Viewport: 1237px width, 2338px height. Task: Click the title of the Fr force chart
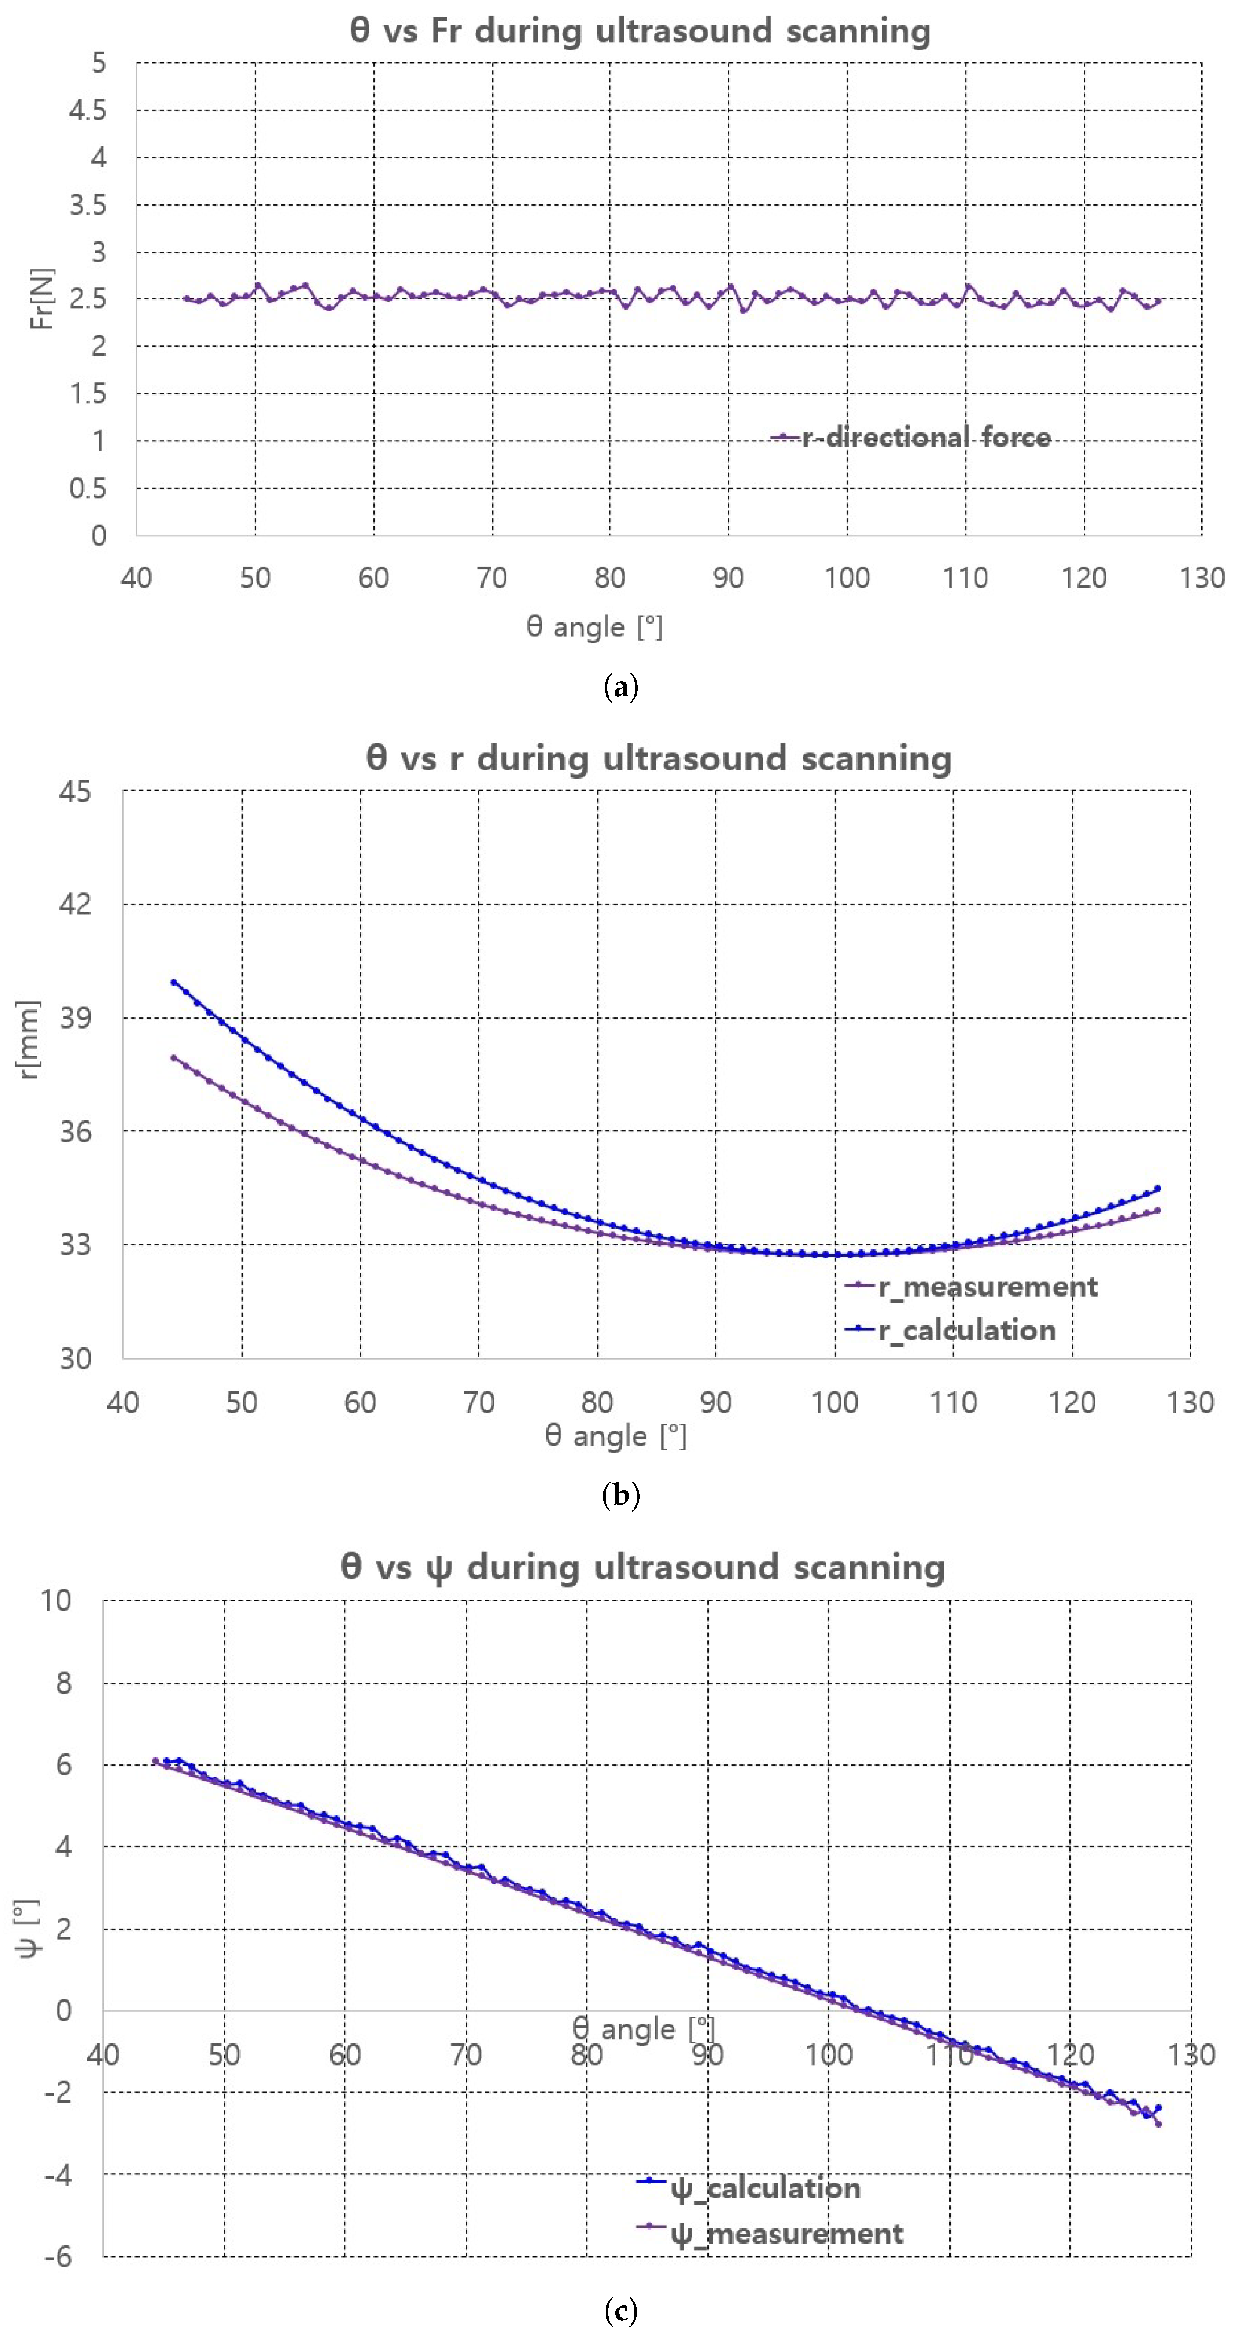(x=640, y=31)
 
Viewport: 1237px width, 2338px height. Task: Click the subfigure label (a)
(x=621, y=687)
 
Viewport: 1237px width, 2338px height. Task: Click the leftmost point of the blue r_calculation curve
(x=174, y=982)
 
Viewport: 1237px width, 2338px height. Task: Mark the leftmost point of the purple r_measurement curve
(x=174, y=1057)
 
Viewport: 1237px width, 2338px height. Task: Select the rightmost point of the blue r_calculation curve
(x=1158, y=1188)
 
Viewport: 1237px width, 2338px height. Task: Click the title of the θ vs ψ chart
(x=643, y=1568)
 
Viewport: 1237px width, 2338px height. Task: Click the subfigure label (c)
(x=621, y=2310)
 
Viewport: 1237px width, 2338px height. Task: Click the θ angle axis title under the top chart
(x=594, y=627)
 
